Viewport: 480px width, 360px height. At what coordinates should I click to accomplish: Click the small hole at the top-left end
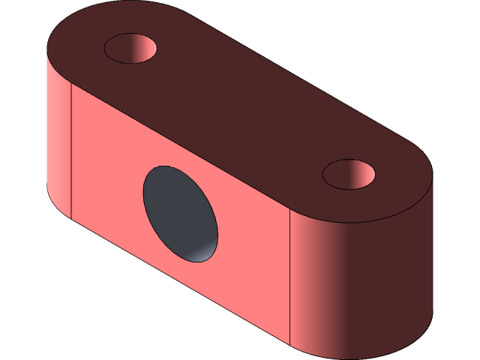click(x=130, y=48)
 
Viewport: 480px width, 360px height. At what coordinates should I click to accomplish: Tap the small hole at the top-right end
click(x=349, y=174)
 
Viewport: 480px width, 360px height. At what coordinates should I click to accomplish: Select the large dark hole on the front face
click(x=180, y=214)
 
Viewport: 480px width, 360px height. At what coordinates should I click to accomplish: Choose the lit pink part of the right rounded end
click(x=307, y=277)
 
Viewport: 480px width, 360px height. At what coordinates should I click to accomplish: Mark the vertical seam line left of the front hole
click(x=70, y=150)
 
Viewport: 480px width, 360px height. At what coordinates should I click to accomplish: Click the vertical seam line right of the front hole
click(x=290, y=277)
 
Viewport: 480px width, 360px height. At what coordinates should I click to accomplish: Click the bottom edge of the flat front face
click(x=180, y=282)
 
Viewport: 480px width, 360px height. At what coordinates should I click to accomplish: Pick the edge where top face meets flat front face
click(x=180, y=146)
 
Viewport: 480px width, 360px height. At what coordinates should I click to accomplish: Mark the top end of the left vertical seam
click(x=70, y=84)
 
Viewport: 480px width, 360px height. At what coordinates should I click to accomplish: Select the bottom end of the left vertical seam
click(x=70, y=218)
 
